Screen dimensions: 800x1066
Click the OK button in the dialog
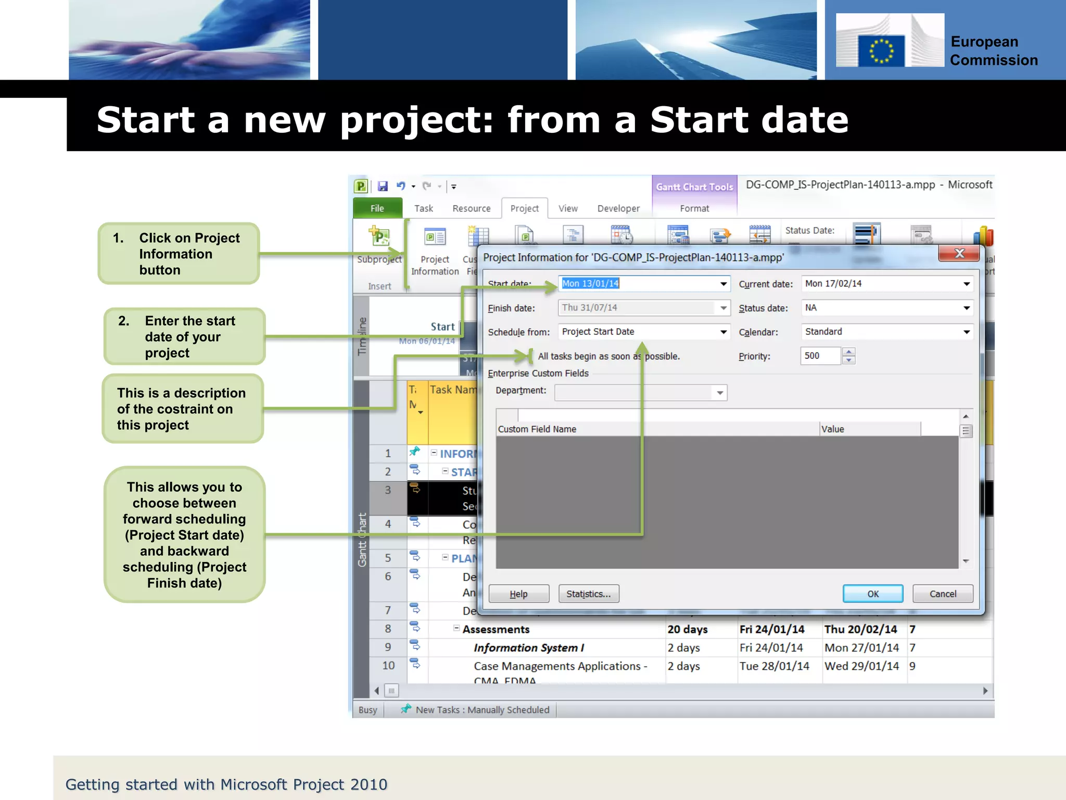tap(872, 594)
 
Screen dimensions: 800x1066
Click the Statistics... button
tap(588, 594)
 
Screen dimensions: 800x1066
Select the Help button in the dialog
tap(518, 594)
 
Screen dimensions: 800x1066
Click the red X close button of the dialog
tap(959, 254)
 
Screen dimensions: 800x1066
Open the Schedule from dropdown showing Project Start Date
tap(723, 332)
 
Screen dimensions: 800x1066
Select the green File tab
tap(377, 208)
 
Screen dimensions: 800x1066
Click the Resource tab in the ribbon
tap(471, 208)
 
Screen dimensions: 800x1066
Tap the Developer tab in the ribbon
tap(618, 208)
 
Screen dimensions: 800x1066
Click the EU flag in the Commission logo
tap(881, 51)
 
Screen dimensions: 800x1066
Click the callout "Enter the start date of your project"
tap(184, 336)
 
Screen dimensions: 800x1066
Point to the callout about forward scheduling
tap(184, 534)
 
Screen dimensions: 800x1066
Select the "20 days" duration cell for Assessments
tap(687, 629)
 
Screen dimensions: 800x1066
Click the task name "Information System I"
tap(528, 647)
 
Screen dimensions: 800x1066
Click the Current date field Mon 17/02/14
tap(880, 283)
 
